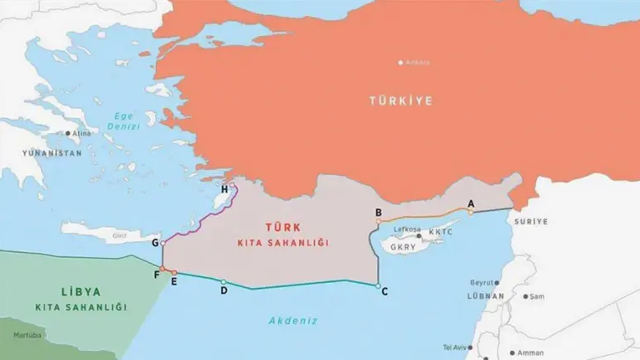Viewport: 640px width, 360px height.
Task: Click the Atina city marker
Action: click(68, 132)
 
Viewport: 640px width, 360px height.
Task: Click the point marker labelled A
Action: click(471, 212)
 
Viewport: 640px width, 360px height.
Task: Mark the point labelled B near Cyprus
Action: click(379, 222)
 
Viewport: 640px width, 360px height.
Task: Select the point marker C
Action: click(379, 286)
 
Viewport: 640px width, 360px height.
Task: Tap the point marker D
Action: click(223, 281)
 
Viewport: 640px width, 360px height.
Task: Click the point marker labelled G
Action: click(163, 243)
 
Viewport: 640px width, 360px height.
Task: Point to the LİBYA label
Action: click(81, 292)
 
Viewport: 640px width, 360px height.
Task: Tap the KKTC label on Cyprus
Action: click(441, 232)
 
